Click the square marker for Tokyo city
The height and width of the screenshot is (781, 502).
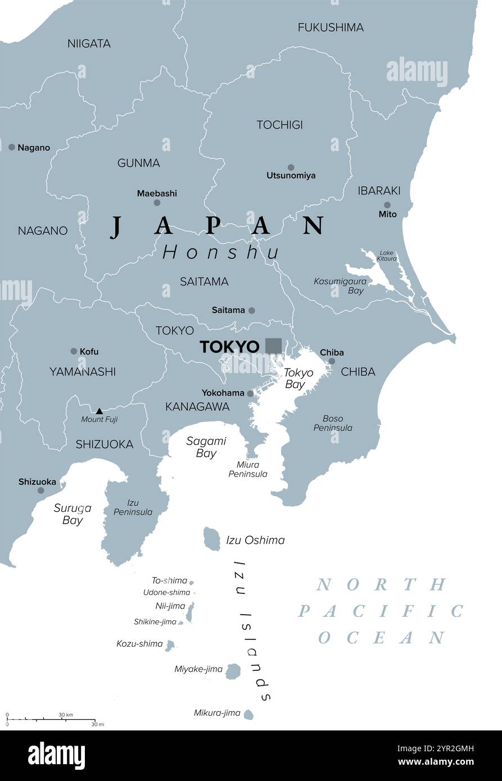[274, 346]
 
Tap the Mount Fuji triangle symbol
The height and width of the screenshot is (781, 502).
[100, 411]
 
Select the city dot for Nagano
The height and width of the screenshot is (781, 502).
[12, 147]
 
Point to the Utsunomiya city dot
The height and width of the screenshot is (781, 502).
[291, 167]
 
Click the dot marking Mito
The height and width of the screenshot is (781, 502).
[387, 205]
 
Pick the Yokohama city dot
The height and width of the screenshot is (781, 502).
[250, 393]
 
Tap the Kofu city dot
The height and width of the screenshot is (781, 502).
[74, 351]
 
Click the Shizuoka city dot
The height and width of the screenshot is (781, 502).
[40, 491]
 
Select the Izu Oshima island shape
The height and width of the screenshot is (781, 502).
[212, 539]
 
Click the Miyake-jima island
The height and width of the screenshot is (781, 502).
[233, 670]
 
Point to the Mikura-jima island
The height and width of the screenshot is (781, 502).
[248, 714]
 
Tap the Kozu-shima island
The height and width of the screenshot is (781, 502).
[170, 646]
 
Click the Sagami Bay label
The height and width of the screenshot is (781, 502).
[206, 447]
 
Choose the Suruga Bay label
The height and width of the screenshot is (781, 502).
[73, 514]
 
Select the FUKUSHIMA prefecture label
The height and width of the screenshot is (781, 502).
[331, 27]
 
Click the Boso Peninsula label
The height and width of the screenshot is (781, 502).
[337, 423]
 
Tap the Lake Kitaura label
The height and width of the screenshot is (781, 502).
[387, 256]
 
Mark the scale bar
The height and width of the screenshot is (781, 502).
[51, 719]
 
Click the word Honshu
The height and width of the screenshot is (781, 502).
[221, 253]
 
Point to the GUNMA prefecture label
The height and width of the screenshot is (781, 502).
[138, 163]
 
